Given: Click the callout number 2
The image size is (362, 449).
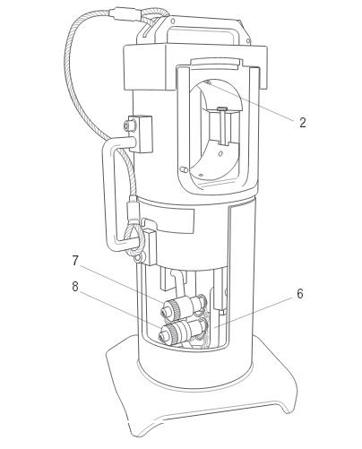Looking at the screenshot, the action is [x=303, y=123].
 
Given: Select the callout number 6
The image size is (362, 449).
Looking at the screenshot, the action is [x=300, y=294].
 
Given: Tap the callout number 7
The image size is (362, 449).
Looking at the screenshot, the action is [x=75, y=261].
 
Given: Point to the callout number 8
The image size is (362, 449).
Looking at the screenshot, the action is [x=75, y=287].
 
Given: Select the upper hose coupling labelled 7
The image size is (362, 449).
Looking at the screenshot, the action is [x=183, y=307].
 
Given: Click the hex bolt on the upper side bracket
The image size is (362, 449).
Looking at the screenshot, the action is [x=129, y=125].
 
